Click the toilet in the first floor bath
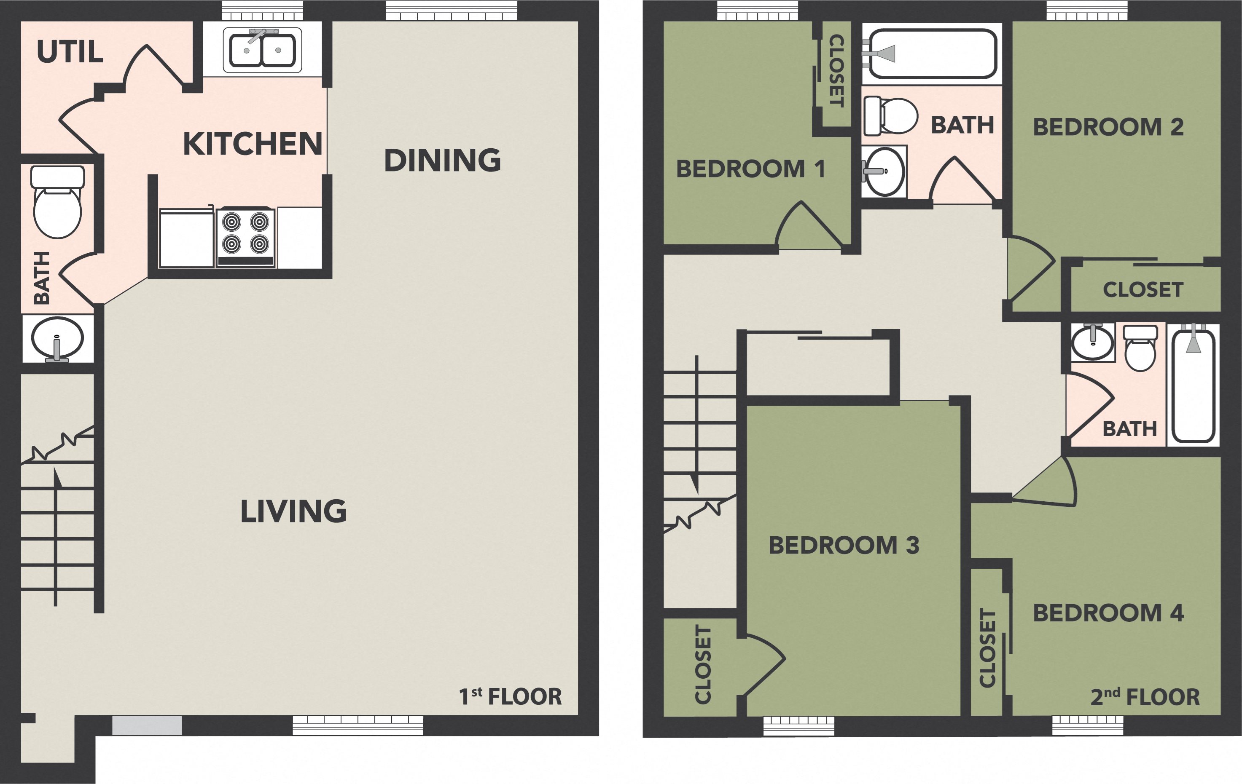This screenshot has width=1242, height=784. [57, 203]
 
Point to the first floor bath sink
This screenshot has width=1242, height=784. [57, 339]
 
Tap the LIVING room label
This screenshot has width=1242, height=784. [293, 511]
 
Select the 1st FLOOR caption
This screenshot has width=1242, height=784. [510, 696]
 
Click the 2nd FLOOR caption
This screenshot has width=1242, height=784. [1145, 696]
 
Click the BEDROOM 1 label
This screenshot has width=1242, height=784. [750, 169]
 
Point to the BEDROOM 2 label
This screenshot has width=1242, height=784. [1108, 127]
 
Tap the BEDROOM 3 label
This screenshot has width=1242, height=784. [844, 546]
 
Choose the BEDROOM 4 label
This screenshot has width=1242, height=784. [1108, 613]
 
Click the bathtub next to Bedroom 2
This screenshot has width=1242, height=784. [933, 53]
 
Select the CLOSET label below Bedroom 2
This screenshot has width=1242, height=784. [1143, 290]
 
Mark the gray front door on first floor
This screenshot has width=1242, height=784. [147, 725]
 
